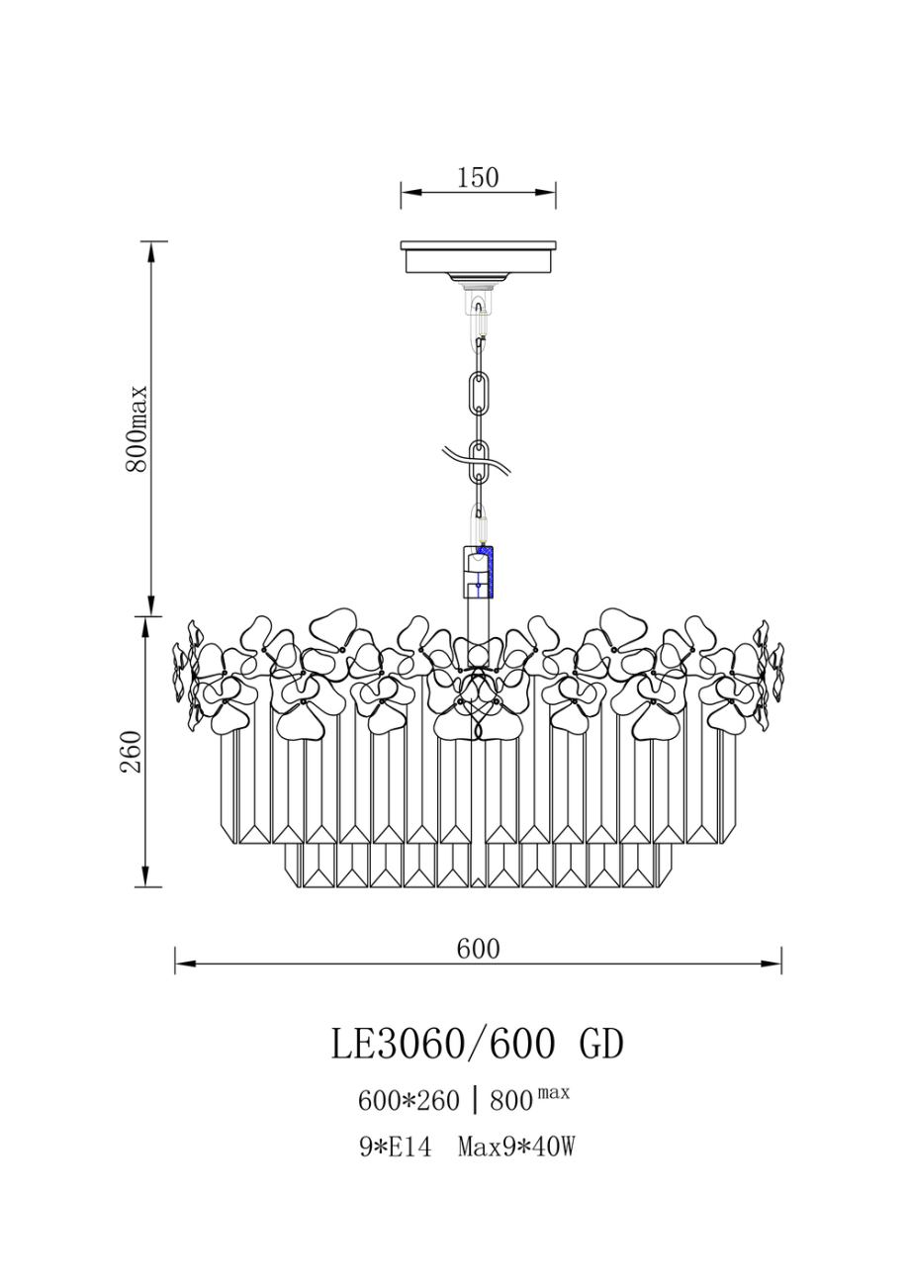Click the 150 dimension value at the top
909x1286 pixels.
click(x=478, y=178)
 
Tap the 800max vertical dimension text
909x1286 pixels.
click(x=137, y=429)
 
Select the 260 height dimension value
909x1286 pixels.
click(x=131, y=752)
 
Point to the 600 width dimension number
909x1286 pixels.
click(x=478, y=949)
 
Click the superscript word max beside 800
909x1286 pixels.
click(x=552, y=1092)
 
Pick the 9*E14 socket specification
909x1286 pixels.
click(x=395, y=1147)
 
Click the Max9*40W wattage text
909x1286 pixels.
click(x=516, y=1147)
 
